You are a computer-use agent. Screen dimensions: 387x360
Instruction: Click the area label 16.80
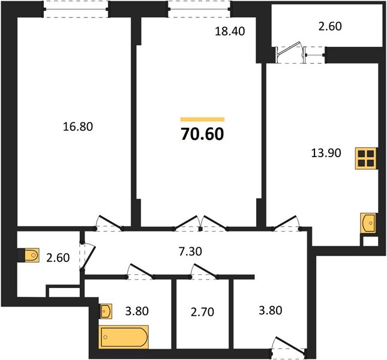(x=78, y=127)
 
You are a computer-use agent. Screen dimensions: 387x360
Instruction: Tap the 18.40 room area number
(x=230, y=31)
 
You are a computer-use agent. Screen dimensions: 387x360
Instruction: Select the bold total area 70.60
(x=202, y=134)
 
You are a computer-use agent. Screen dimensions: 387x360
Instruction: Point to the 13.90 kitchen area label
(x=326, y=153)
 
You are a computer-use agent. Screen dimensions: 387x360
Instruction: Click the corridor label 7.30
(x=190, y=251)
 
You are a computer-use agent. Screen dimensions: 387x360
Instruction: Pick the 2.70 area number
(x=202, y=312)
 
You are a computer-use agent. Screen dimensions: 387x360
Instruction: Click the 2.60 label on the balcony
(x=330, y=26)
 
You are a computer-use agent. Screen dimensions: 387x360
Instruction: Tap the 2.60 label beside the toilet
(x=58, y=258)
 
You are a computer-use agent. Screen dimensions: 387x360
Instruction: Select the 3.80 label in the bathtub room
(x=137, y=311)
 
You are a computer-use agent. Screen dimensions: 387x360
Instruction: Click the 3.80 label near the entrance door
(x=270, y=310)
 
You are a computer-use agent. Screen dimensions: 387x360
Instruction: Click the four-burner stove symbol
(x=366, y=158)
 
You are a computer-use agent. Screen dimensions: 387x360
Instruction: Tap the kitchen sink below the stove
(x=368, y=223)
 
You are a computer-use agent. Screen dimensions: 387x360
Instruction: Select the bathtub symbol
(x=124, y=337)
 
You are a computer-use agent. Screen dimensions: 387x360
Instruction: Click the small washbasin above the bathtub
(x=106, y=311)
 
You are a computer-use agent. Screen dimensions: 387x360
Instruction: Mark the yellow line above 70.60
(x=202, y=119)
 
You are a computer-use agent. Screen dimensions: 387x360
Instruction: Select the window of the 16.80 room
(x=76, y=10)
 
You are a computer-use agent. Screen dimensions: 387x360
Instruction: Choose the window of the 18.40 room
(x=199, y=10)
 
